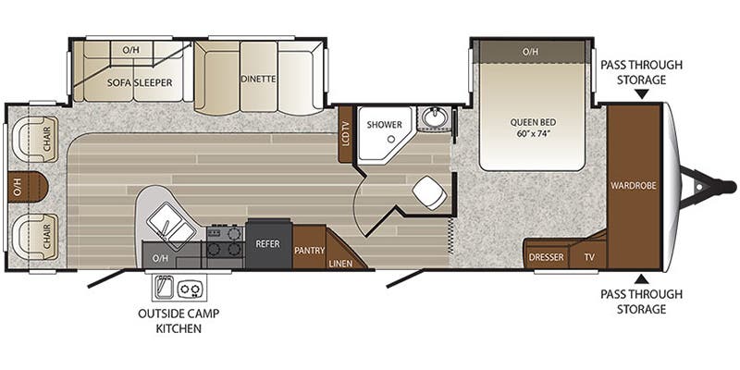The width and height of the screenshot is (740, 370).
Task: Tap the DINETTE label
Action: [257, 79]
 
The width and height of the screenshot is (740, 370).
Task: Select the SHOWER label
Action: [381, 124]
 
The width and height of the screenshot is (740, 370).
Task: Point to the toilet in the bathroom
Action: [428, 191]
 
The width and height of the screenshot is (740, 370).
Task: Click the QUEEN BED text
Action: [532, 121]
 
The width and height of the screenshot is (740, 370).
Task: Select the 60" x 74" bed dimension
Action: [532, 134]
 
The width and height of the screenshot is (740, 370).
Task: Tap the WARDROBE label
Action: [633, 185]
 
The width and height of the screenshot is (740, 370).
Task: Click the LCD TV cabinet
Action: [346, 135]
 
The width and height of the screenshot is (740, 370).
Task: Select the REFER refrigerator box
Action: [268, 245]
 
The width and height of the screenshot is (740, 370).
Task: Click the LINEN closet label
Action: [339, 264]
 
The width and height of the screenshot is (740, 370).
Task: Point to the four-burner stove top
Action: [222, 241]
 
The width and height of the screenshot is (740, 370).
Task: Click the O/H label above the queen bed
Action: [529, 51]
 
